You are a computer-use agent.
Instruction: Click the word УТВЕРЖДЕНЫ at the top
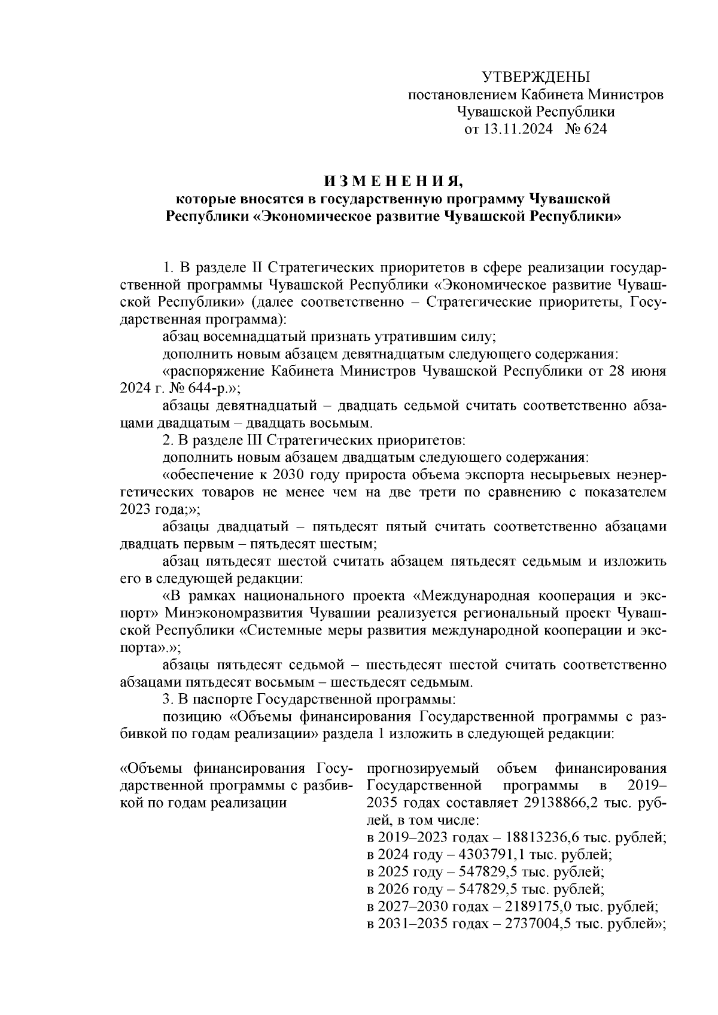[536, 77]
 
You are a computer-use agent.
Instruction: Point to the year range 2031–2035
[413, 924]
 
